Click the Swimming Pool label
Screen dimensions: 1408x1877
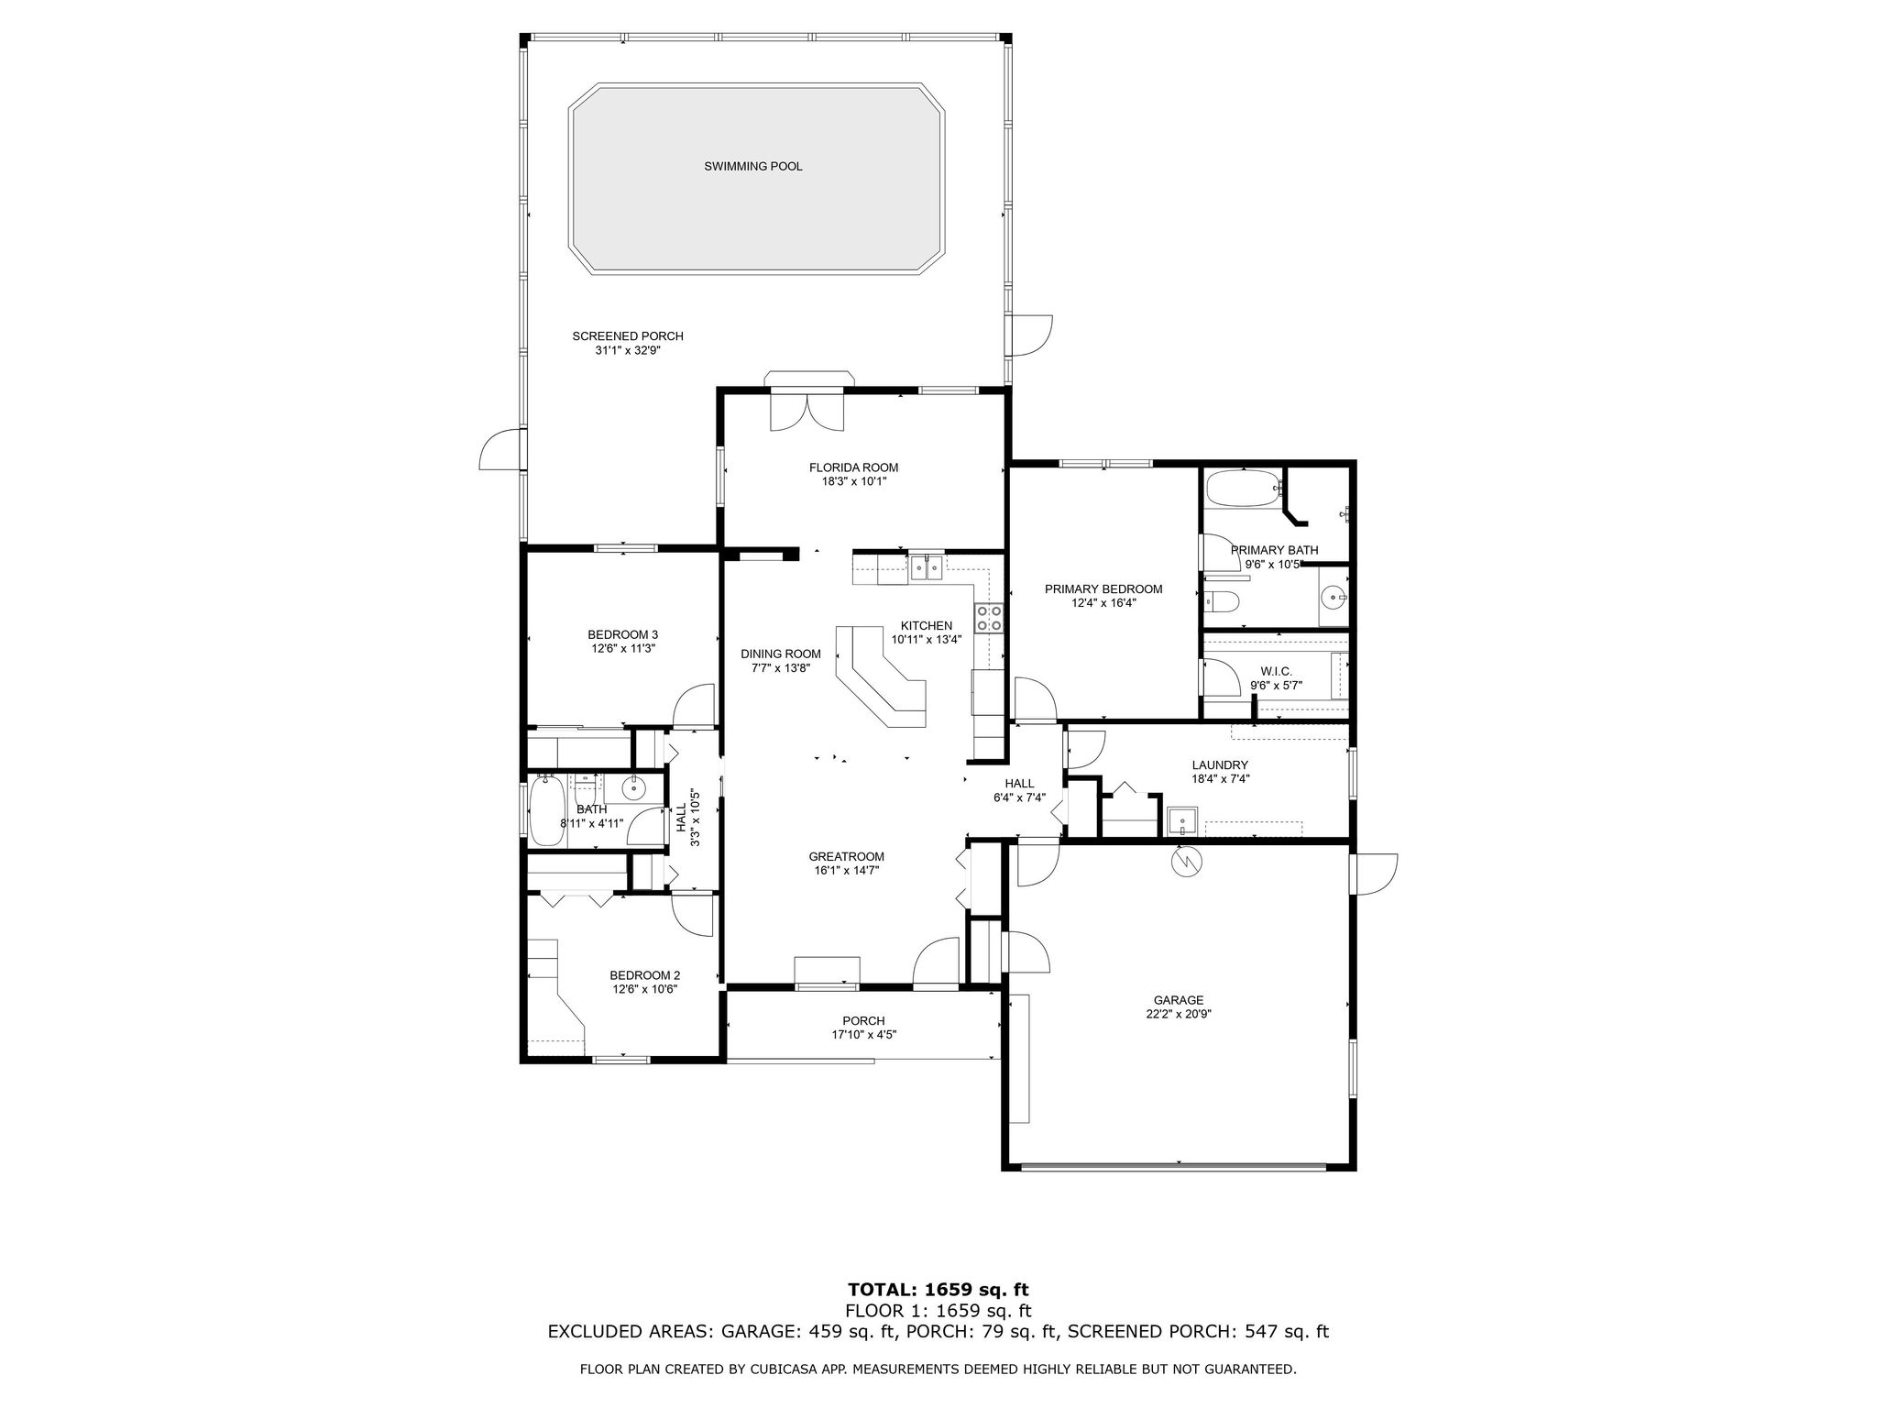(x=752, y=166)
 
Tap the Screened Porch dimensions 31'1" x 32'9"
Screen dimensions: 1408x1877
(x=628, y=350)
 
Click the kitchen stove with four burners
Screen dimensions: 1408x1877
(x=989, y=617)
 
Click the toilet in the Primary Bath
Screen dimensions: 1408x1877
(x=1224, y=602)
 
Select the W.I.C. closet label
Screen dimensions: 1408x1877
(x=1276, y=671)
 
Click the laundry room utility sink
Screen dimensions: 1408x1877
(x=1182, y=820)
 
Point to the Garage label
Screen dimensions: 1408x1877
(x=1178, y=1000)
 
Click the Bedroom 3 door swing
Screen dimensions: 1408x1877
(x=695, y=706)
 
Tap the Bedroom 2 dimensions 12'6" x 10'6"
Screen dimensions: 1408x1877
(x=644, y=989)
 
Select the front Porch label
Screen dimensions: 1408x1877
(x=863, y=1020)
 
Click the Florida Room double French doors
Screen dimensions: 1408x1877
(x=806, y=411)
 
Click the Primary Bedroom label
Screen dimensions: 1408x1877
(x=1103, y=588)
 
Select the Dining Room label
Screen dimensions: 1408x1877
(x=780, y=654)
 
